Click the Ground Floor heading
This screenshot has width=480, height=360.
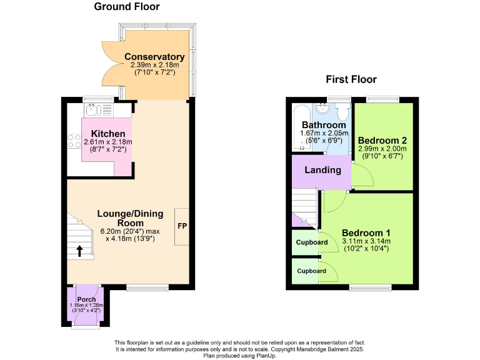[127, 7]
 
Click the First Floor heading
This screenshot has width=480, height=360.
[351, 79]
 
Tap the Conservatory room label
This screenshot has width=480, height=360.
[154, 57]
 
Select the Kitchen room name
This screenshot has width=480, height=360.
[107, 134]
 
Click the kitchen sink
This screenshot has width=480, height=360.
[92, 111]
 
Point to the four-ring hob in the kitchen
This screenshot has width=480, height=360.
[74, 141]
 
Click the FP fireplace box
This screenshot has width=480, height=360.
[182, 226]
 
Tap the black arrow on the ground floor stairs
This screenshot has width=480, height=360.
[80, 251]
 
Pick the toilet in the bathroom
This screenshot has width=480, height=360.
[342, 112]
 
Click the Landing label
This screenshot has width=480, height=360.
[322, 170]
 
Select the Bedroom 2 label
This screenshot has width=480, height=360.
[382, 140]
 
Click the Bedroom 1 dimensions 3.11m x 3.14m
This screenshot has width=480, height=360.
[366, 241]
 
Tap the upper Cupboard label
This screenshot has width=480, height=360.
[312, 242]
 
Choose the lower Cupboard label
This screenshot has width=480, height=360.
[312, 271]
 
